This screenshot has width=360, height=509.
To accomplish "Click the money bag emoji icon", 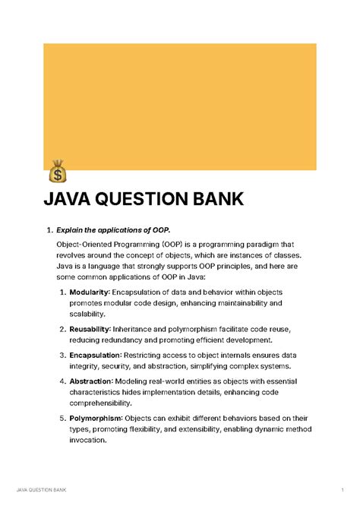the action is (57, 171).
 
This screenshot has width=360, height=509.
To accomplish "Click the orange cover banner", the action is (179, 106).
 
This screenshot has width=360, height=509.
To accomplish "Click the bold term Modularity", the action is (90, 292).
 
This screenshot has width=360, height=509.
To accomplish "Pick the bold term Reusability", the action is (90, 329).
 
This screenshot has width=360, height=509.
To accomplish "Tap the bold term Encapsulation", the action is (93, 354).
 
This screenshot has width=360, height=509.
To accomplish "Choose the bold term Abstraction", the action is (90, 381).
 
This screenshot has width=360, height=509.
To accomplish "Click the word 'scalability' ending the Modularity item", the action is (87, 314).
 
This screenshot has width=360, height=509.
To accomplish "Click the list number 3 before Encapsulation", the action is (62, 354).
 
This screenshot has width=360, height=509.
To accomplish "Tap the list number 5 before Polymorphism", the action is (62, 418).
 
